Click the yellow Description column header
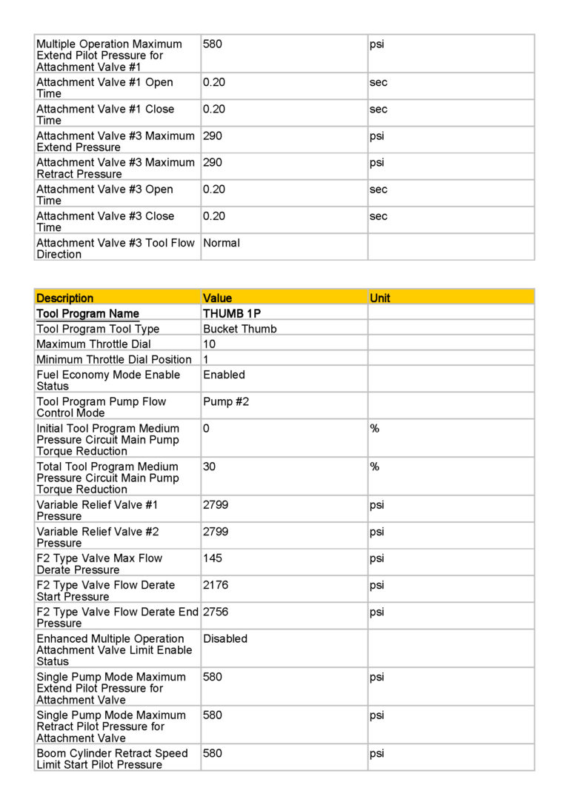click(x=65, y=298)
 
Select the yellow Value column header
click(x=217, y=298)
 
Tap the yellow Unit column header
click(x=379, y=298)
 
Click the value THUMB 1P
click(x=232, y=314)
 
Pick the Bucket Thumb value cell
click(x=240, y=329)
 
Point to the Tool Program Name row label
click(x=87, y=314)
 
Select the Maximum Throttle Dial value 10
click(x=209, y=344)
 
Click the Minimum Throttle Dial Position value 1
click(x=206, y=359)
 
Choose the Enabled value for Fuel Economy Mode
click(x=224, y=375)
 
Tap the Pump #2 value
click(x=227, y=401)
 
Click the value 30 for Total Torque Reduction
click(x=210, y=467)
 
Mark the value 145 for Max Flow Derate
click(x=213, y=558)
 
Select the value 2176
click(x=216, y=585)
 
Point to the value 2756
click(x=216, y=612)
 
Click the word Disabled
click(x=225, y=638)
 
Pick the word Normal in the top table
click(x=222, y=243)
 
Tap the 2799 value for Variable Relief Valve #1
click(x=216, y=505)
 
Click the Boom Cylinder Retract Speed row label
click(x=112, y=758)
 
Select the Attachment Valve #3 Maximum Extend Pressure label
click(x=116, y=141)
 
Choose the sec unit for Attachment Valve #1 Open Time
click(x=378, y=82)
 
